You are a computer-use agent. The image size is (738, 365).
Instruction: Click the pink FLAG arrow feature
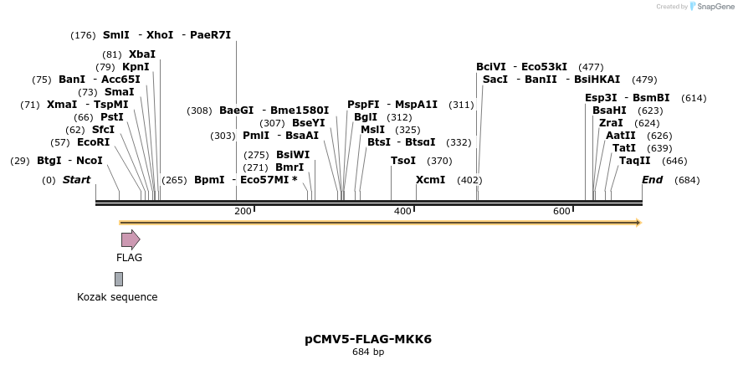pos(130,239)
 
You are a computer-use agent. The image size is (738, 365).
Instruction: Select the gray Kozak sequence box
pos(119,279)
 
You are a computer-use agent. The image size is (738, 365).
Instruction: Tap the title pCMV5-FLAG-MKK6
pos(368,339)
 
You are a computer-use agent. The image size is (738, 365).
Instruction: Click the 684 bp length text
pos(368,352)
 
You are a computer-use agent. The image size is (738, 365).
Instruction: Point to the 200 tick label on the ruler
pos(243,212)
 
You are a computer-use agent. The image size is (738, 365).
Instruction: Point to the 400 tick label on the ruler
pos(402,212)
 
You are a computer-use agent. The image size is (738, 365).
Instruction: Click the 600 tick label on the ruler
pos(562,212)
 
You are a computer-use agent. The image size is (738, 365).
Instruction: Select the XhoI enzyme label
pos(160,35)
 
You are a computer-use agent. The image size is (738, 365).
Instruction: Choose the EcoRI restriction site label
pos(93,142)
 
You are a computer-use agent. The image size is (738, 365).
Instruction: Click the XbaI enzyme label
pos(141,54)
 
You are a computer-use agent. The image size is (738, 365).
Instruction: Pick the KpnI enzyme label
pos(136,67)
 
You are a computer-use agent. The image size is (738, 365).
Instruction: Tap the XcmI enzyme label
pos(430,180)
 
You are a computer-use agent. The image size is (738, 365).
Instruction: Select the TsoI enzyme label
pos(403,161)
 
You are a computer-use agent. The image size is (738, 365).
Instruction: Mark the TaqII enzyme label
pos(634,161)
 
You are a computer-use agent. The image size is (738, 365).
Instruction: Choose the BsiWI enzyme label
pos(293,155)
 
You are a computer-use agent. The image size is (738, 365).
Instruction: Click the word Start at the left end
pos(76,180)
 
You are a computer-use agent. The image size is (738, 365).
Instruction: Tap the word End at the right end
pos(652,180)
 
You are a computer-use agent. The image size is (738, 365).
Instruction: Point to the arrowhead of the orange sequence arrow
pos(638,223)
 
